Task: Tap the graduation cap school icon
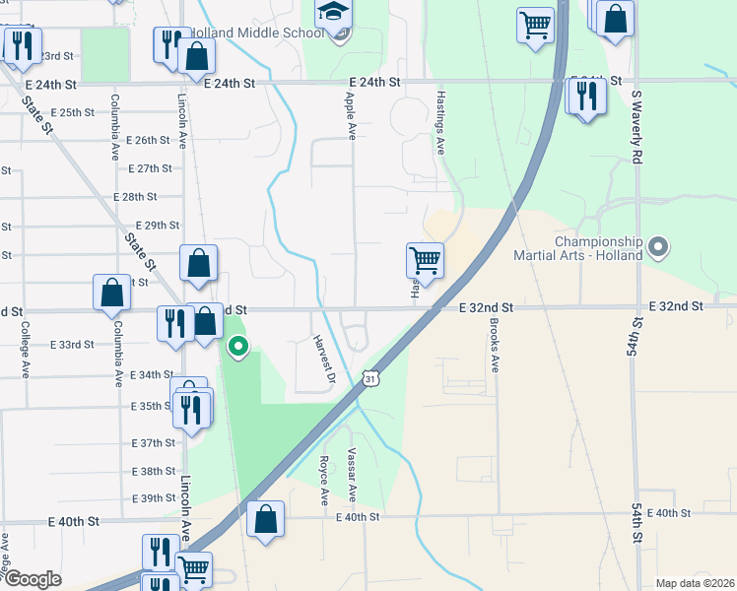(332, 13)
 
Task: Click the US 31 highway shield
(368, 378)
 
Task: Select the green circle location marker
(237, 346)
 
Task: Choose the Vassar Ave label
(351, 474)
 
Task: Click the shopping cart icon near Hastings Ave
(425, 261)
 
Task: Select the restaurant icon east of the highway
(585, 97)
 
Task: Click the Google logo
(33, 579)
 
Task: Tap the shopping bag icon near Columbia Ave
(112, 292)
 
